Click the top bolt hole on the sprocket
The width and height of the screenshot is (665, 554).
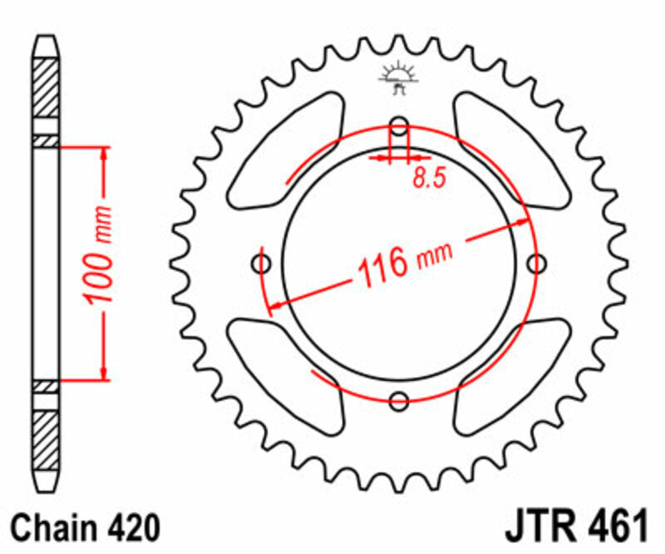click(x=400, y=127)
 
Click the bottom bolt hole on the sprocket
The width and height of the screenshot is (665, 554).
click(x=400, y=400)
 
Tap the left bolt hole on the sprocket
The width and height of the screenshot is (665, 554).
click(x=262, y=265)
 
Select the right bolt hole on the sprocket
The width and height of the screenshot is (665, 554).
click(x=538, y=265)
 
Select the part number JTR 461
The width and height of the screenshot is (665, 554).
click(x=574, y=528)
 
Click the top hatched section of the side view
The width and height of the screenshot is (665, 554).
click(x=46, y=87)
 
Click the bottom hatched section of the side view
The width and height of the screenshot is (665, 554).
click(x=46, y=438)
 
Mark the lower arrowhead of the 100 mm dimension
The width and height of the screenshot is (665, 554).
click(x=105, y=373)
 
